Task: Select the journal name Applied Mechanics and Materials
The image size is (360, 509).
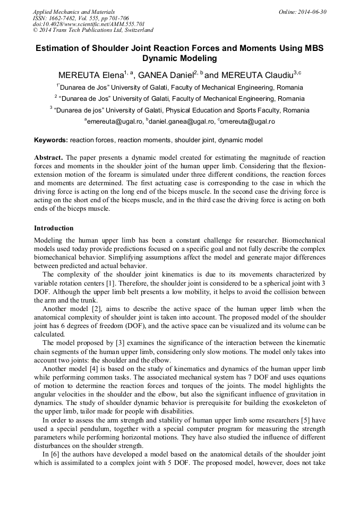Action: [x=74, y=12]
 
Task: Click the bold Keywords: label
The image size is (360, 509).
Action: [x=51, y=140]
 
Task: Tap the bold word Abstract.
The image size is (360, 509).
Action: [x=49, y=158]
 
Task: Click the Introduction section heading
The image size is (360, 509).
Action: [x=54, y=228]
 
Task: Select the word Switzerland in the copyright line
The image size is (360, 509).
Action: [x=136, y=31]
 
